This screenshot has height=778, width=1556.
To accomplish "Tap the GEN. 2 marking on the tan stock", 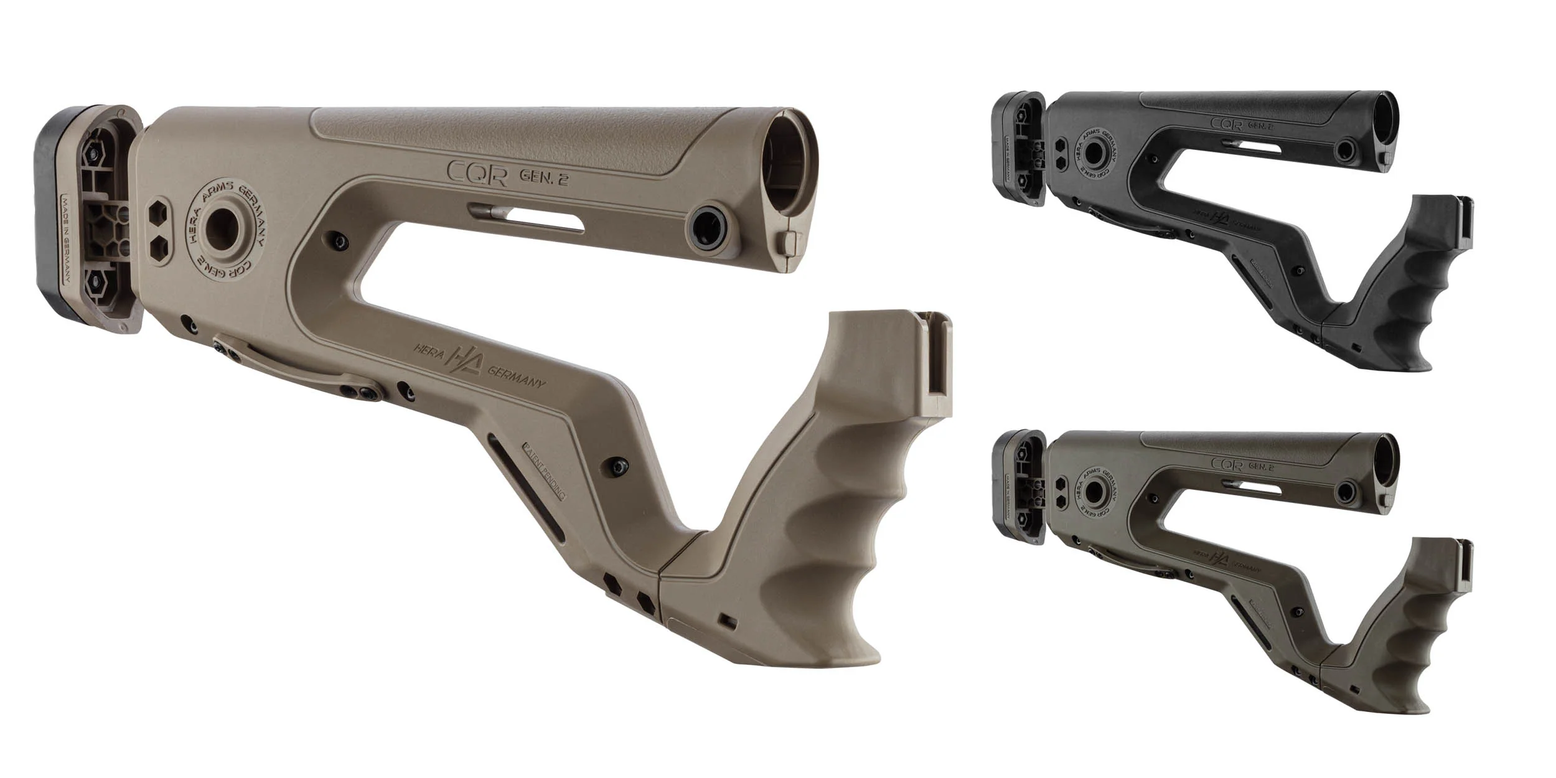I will pyautogui.click(x=545, y=177).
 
